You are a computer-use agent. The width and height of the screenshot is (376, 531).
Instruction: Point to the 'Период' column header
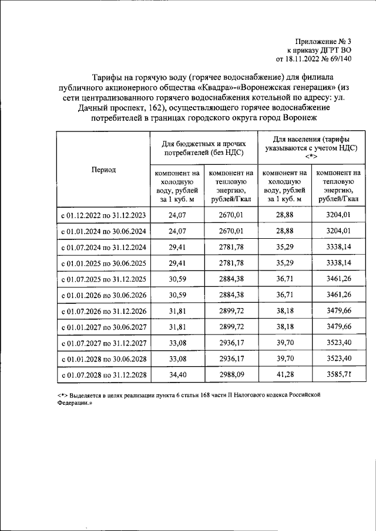point(103,170)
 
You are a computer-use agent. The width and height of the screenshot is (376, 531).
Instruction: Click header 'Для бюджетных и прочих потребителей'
point(204,148)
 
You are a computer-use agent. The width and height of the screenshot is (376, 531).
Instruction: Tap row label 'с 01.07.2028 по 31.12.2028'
point(103,374)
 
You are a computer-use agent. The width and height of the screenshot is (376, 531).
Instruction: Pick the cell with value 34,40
point(177,374)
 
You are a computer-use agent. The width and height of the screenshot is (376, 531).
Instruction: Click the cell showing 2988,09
point(230,374)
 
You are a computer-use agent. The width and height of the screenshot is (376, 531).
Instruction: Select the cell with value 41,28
point(284,374)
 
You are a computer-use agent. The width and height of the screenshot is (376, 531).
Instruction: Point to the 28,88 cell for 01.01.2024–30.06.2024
point(284,231)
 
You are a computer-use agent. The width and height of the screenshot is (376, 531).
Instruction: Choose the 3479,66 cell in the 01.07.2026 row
point(338,310)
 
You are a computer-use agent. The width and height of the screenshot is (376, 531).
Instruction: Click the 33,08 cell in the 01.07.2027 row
point(177,342)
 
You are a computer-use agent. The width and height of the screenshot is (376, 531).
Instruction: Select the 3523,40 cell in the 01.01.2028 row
point(338,358)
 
